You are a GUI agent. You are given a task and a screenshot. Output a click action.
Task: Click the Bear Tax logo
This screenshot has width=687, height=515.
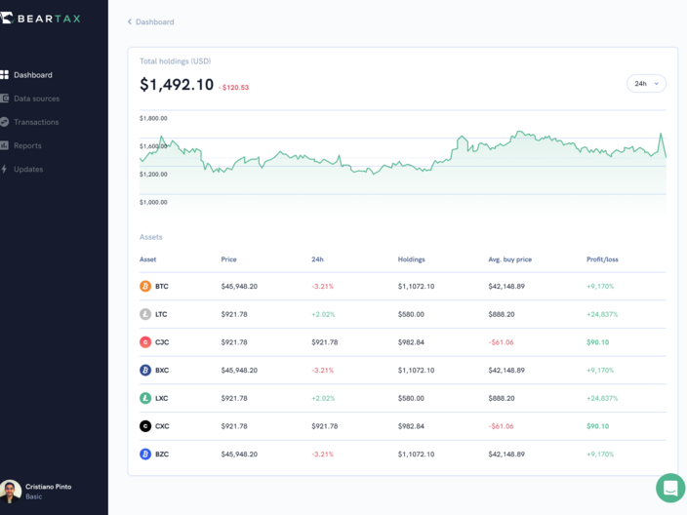(41, 18)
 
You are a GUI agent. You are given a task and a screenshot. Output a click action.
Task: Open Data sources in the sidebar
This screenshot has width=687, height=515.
(36, 99)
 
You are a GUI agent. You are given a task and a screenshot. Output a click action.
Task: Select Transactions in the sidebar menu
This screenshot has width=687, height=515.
(36, 122)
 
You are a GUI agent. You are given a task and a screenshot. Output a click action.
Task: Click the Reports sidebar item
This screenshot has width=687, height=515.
(27, 145)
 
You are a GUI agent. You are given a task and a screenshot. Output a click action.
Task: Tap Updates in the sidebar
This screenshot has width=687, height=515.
(28, 169)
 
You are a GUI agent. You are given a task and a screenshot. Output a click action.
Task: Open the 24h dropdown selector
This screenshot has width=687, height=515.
(646, 84)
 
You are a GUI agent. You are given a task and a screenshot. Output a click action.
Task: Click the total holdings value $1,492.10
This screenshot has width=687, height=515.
(177, 85)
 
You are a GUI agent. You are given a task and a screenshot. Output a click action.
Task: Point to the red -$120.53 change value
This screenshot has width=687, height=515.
(234, 88)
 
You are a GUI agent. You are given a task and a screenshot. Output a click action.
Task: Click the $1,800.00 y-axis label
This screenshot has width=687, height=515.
(153, 118)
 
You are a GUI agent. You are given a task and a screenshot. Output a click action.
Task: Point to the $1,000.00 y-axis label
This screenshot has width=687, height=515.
(153, 202)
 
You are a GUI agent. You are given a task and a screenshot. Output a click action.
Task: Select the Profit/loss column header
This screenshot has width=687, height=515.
(602, 259)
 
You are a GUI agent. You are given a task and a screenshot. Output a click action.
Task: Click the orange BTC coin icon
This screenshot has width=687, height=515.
(145, 287)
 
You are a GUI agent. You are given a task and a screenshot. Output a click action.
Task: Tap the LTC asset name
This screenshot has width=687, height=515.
(161, 314)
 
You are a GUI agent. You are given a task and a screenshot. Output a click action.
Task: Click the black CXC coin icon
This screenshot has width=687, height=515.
(145, 426)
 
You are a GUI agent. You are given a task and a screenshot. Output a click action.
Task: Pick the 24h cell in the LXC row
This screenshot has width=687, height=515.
(322, 398)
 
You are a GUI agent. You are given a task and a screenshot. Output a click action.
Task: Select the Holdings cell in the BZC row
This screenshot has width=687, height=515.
(416, 455)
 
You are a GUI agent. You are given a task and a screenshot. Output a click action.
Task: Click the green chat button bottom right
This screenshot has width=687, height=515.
(670, 488)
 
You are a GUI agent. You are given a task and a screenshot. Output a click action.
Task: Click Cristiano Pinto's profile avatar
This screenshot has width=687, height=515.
(11, 491)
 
